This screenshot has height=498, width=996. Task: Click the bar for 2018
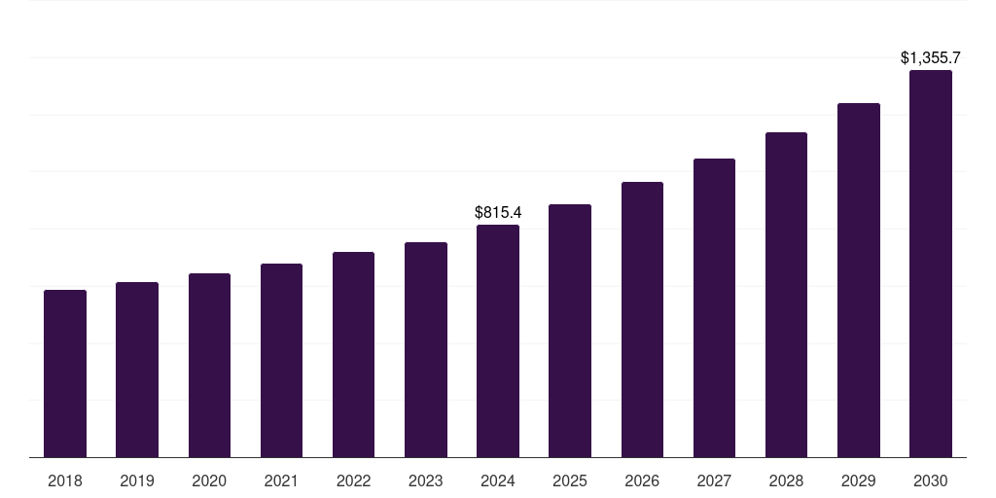coord(65,373)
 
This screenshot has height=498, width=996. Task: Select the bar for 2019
coord(137,370)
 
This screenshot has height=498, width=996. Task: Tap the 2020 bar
coord(209,365)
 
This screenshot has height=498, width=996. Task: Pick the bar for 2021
coord(281,360)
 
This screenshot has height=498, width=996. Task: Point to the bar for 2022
coord(353,354)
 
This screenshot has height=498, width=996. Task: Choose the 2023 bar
coord(426,349)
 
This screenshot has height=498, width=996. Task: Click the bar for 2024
coord(498,340)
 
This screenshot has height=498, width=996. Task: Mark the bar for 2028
coord(786,295)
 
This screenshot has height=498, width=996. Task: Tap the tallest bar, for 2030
coord(931,264)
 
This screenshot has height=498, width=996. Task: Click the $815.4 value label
coord(498,212)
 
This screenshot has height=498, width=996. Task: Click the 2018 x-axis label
coord(65,480)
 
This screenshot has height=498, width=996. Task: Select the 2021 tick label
coord(281,480)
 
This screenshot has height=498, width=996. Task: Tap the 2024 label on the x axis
coord(498,480)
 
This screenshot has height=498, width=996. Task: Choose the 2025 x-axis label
coord(570,480)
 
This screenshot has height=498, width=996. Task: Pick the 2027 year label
coord(714,480)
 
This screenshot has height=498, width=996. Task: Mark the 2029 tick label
coord(859,480)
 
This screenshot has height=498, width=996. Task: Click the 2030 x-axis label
coord(931,480)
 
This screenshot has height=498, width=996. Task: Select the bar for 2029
coord(859,280)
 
